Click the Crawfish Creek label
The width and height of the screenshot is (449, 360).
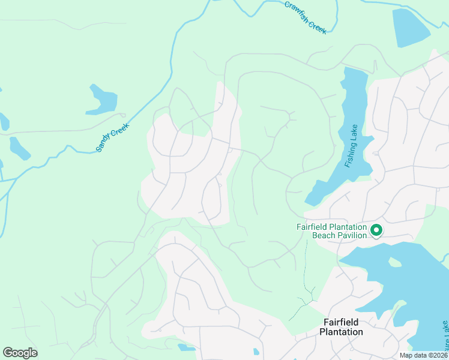click(x=306, y=17)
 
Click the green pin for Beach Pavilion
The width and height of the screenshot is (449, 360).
click(x=376, y=230)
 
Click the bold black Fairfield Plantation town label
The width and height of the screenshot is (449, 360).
click(x=341, y=327)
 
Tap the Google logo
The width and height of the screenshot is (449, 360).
click(x=20, y=353)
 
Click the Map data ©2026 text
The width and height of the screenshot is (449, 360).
click(x=423, y=355)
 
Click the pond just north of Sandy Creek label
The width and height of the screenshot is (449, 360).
click(x=102, y=100)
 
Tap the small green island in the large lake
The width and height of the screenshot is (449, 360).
click(x=394, y=262)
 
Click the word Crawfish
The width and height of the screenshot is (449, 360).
click(x=298, y=11)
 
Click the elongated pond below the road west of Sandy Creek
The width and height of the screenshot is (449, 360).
click(x=19, y=148)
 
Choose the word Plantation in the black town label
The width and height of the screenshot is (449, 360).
click(x=341, y=332)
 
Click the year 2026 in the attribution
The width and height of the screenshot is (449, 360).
click(x=438, y=355)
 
